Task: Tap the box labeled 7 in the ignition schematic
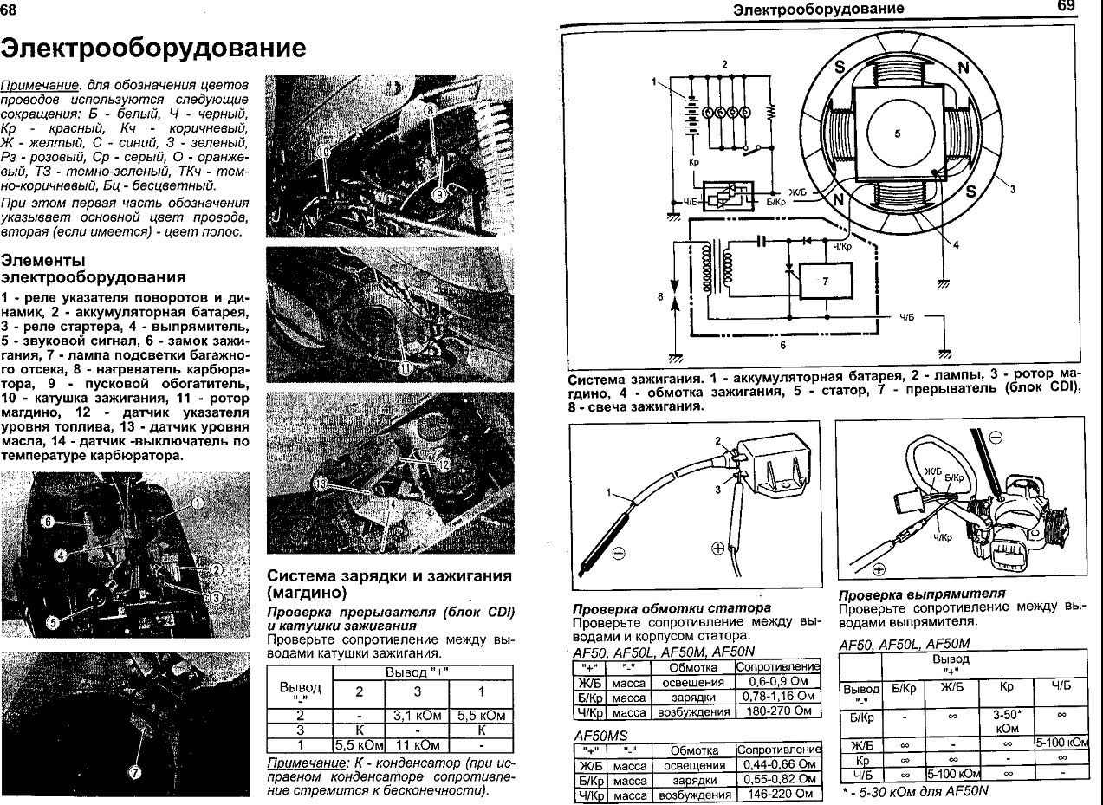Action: [x=825, y=281]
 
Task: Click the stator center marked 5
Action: [x=897, y=133]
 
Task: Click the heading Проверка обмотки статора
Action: [x=672, y=607]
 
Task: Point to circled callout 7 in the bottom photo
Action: [x=135, y=773]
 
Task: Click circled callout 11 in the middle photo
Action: [x=405, y=367]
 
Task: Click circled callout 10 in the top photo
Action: [x=323, y=152]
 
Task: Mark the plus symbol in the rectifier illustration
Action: [x=878, y=569]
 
